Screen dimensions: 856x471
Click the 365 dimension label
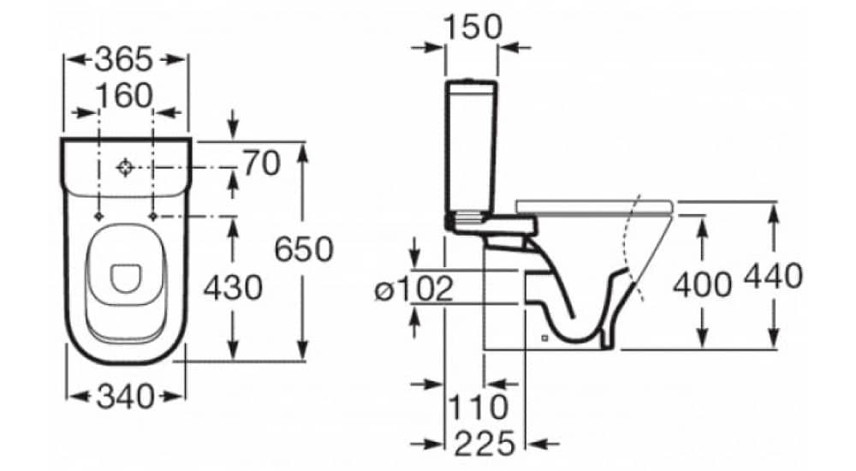point(123,59)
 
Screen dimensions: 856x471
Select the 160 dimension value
point(124,96)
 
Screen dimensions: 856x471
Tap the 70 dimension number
point(262,163)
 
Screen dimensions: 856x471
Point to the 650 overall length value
point(303,249)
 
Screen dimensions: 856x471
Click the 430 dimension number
point(233,288)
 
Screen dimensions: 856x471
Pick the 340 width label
point(125,396)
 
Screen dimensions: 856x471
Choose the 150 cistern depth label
point(473,27)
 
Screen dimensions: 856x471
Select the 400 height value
point(702,284)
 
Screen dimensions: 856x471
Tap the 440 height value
point(774,276)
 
